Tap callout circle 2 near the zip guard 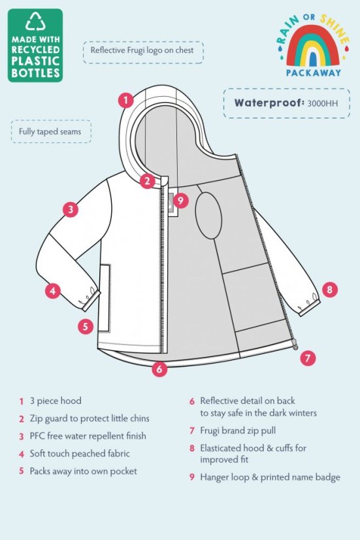tap(148, 181)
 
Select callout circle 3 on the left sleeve tap(71, 210)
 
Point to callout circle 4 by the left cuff tap(53, 290)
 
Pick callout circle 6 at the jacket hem tap(159, 369)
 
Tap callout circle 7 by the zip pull tap(308, 358)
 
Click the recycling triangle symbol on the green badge tap(35, 25)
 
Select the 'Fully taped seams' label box tap(51, 131)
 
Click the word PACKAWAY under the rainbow tap(313, 73)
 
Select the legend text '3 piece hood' tap(56, 400)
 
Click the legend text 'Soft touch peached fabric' tap(80, 453)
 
